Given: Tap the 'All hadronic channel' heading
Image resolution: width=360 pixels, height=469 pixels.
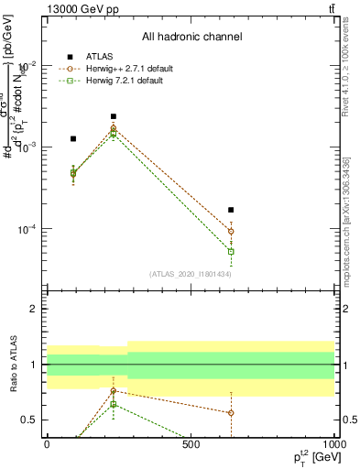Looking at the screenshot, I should click(x=191, y=37).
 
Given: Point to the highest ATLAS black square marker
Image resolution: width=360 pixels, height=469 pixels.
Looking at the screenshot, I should click(x=114, y=116).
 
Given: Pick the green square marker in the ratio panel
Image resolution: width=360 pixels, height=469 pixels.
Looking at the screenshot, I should click(x=114, y=404).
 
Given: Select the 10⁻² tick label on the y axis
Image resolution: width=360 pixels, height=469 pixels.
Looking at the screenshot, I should click(x=30, y=65).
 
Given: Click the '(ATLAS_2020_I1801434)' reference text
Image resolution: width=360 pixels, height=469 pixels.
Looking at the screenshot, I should click(x=191, y=274).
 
